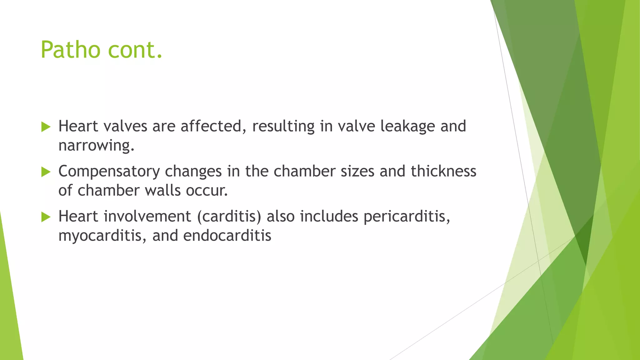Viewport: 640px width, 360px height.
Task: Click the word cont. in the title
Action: (x=135, y=50)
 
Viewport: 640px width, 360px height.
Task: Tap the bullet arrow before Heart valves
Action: (x=46, y=127)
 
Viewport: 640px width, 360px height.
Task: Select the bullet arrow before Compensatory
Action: (x=46, y=172)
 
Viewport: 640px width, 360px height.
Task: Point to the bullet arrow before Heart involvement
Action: (x=46, y=217)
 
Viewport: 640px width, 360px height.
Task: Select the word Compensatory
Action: (x=109, y=172)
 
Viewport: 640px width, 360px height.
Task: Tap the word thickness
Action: (x=443, y=171)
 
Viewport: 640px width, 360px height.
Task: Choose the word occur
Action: (x=207, y=191)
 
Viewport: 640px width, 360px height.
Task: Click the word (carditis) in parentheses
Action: (x=229, y=217)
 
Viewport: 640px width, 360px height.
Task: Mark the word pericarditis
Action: (x=407, y=217)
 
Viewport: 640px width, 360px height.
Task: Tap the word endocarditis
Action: (x=227, y=236)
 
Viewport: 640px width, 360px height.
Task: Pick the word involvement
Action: (x=147, y=216)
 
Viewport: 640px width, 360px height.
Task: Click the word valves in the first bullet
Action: (x=125, y=126)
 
